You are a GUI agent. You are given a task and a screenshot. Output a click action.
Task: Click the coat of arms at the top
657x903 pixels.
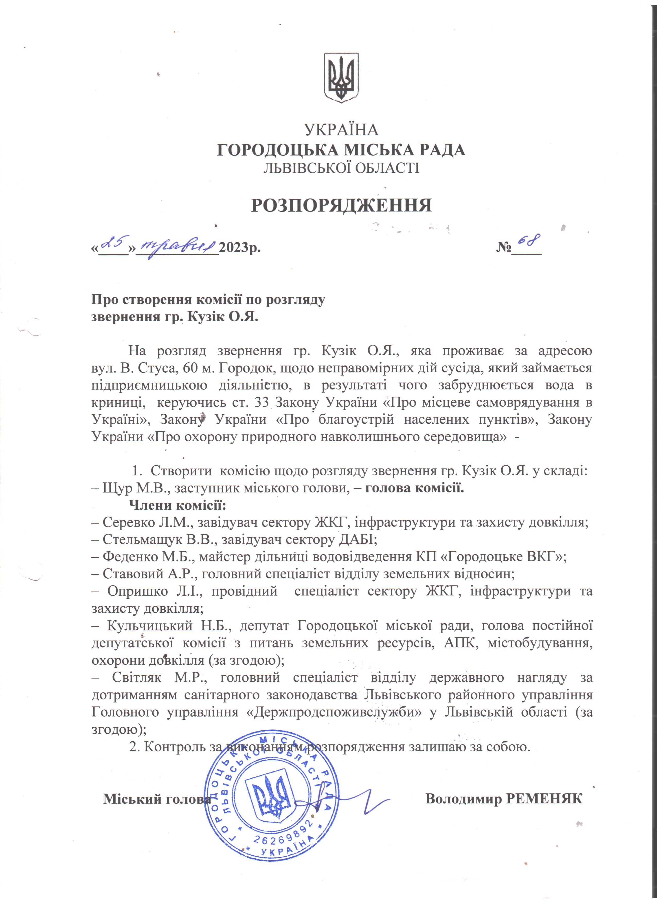341,78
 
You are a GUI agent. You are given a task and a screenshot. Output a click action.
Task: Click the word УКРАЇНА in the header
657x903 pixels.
341,130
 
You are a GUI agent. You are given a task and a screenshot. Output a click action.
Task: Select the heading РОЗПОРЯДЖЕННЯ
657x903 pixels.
341,205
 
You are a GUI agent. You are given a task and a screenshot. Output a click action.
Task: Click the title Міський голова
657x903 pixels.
157,799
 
